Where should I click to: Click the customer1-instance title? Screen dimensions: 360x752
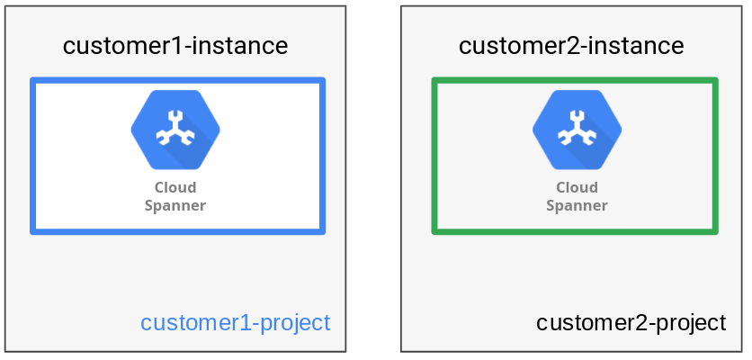[175, 46]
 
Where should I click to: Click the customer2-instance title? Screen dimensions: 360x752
[571, 46]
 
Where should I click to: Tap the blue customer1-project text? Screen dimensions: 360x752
[236, 322]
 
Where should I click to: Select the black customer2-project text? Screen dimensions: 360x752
[631, 322]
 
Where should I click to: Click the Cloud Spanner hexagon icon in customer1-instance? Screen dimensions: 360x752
[175, 130]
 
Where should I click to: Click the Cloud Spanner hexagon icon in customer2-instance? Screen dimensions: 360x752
[577, 130]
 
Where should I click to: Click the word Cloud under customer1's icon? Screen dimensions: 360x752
[175, 188]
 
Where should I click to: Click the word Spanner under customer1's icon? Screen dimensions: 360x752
[175, 205]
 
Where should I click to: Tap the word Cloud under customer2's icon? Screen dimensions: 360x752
[577, 188]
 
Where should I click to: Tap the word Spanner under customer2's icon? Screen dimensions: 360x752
[577, 205]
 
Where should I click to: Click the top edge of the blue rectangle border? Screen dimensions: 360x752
[177, 80]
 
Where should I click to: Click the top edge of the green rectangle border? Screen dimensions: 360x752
[575, 80]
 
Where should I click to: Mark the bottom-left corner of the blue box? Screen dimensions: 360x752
[33, 232]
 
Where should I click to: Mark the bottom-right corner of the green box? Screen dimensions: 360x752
[715, 232]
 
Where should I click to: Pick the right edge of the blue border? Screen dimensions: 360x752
[322, 156]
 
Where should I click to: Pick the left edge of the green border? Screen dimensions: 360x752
[434, 156]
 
